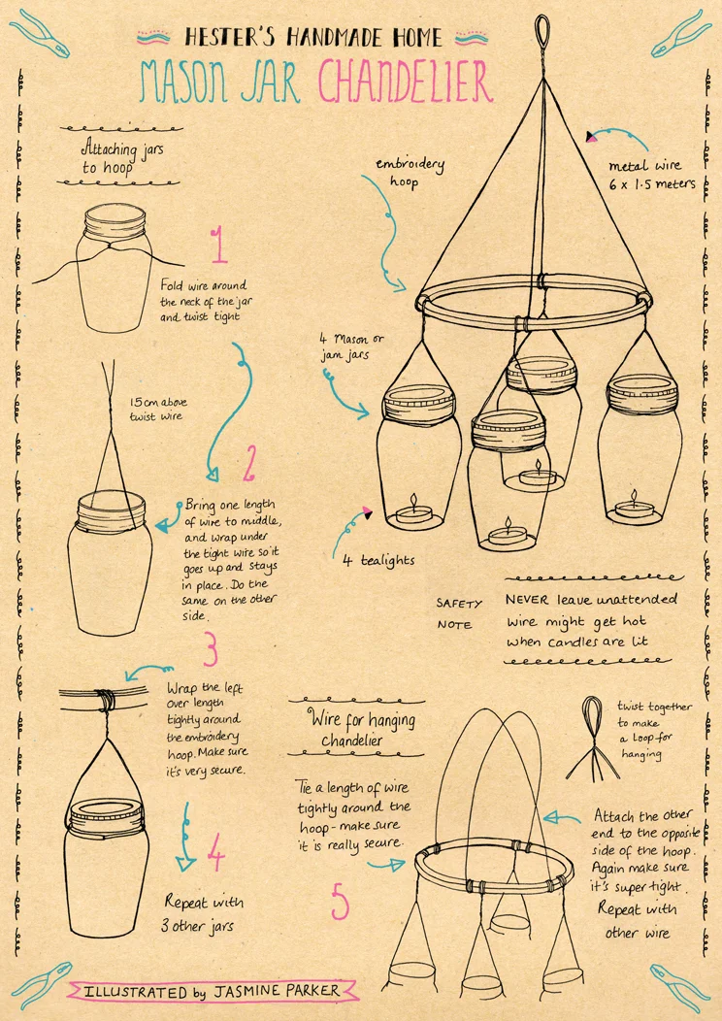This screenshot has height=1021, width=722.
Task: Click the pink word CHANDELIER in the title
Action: [406, 82]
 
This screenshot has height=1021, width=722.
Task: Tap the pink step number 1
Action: [219, 245]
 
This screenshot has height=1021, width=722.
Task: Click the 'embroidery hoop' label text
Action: [410, 172]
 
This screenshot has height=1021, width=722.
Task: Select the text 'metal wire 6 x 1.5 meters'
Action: [651, 175]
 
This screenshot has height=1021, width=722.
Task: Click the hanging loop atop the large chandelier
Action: [541, 31]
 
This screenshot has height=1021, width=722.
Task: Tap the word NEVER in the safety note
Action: [527, 599]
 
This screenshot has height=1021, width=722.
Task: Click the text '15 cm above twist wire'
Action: [157, 409]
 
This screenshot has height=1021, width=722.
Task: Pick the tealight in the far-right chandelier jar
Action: [634, 507]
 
